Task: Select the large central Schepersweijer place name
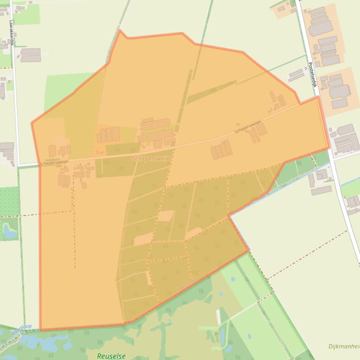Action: (x=152, y=159)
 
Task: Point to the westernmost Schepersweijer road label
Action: (x=54, y=162)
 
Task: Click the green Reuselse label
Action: (x=111, y=356)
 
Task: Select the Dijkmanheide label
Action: (x=344, y=346)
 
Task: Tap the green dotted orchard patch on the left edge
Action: (x=9, y=201)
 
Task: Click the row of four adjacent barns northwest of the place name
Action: (x=108, y=135)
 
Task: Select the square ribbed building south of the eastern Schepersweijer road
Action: (x=221, y=150)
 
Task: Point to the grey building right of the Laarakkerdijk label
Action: (x=30, y=55)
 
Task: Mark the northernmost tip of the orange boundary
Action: (x=120, y=30)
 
